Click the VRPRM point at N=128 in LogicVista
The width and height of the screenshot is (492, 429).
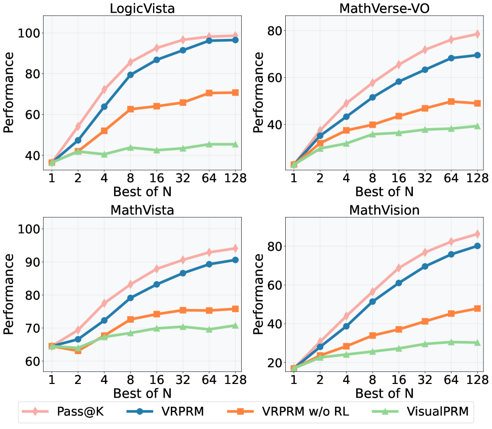(235, 40)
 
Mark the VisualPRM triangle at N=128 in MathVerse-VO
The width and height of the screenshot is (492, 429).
(477, 126)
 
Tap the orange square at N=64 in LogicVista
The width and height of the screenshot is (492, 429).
(209, 93)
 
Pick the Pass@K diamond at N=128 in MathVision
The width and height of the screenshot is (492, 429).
(477, 234)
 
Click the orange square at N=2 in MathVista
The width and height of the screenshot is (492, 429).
(78, 350)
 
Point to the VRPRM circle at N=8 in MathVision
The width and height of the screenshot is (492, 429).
(373, 302)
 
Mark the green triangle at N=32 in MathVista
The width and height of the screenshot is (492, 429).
(182, 327)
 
